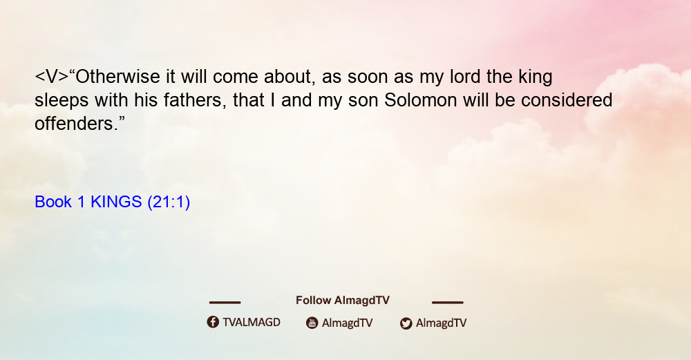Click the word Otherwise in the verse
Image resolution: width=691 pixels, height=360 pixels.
click(x=117, y=77)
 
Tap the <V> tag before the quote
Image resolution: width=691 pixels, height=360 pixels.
click(x=52, y=77)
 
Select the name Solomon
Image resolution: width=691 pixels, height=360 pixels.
click(x=420, y=100)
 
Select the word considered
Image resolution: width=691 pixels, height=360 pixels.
click(x=567, y=100)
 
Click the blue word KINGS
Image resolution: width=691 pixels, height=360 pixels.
click(x=116, y=202)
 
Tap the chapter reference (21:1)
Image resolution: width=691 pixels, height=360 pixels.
click(x=169, y=202)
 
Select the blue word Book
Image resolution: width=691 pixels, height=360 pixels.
click(x=53, y=202)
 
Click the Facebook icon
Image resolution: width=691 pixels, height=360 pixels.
click(x=213, y=322)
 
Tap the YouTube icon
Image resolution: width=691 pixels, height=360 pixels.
click(x=312, y=323)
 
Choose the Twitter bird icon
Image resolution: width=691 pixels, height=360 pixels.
click(x=406, y=323)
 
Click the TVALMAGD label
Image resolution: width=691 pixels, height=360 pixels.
click(x=252, y=323)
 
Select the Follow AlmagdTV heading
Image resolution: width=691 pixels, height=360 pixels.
click(x=343, y=301)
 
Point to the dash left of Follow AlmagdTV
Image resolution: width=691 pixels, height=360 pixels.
click(x=225, y=303)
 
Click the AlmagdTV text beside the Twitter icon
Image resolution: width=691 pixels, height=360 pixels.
click(x=441, y=323)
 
